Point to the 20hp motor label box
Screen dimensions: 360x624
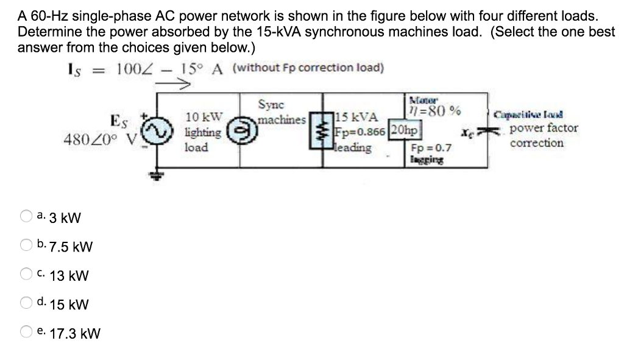click(405, 130)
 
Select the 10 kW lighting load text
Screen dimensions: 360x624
click(203, 131)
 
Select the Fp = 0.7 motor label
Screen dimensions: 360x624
click(431, 147)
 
